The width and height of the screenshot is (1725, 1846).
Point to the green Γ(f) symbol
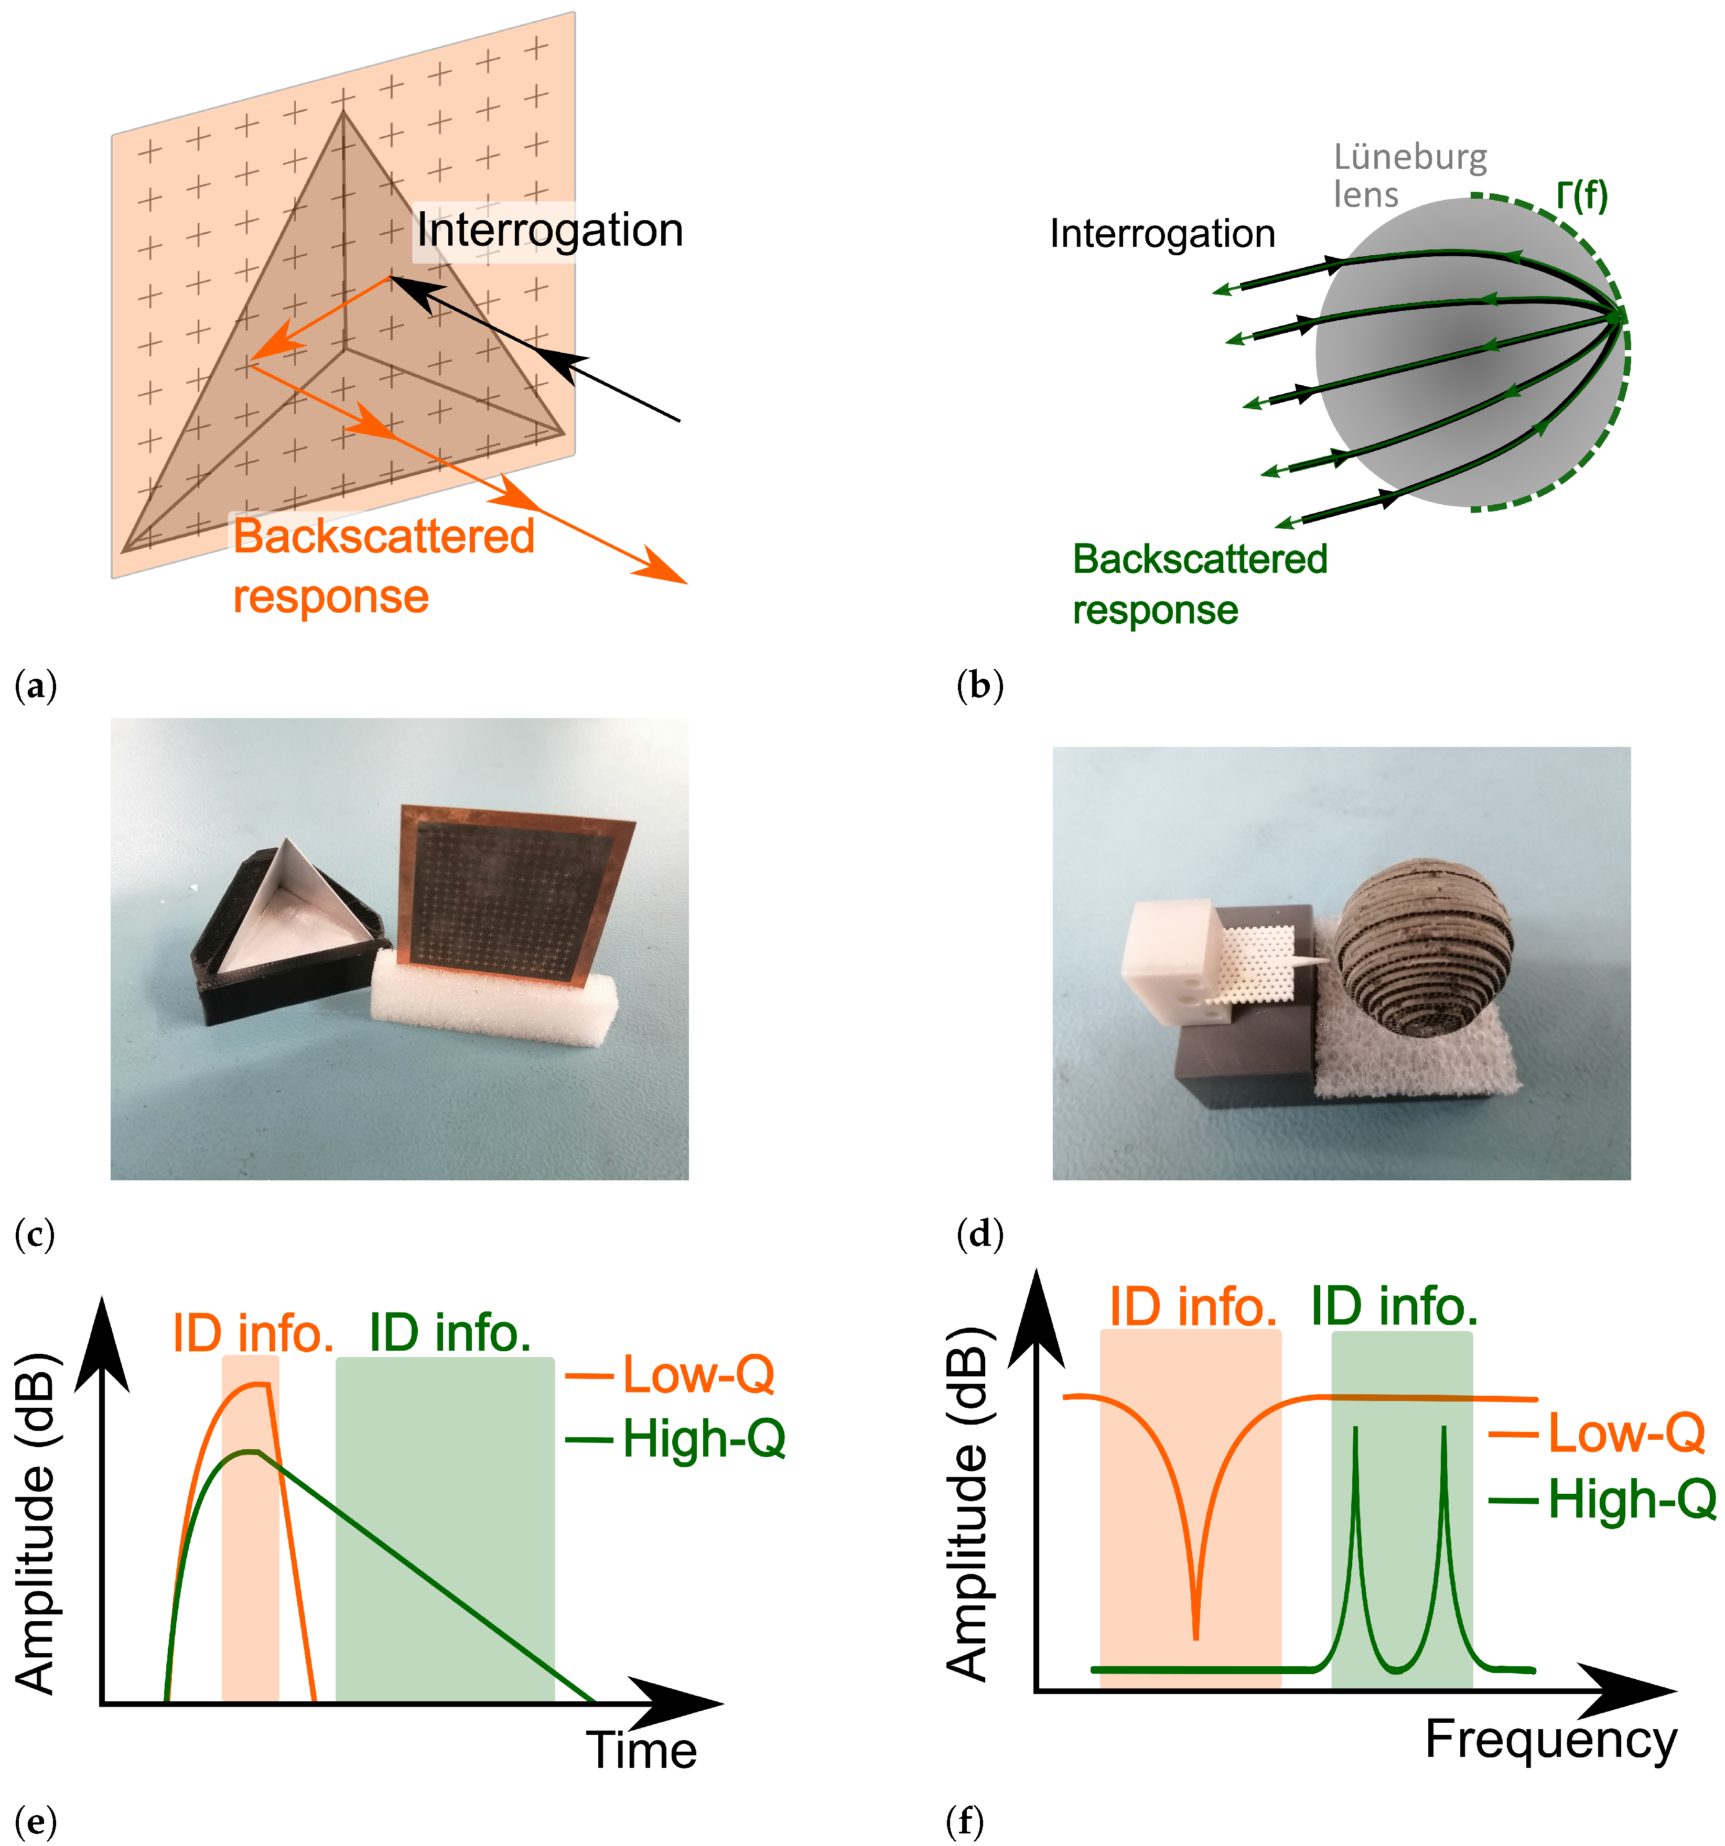pyautogui.click(x=1582, y=196)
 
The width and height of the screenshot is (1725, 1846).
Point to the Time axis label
pyautogui.click(x=641, y=1751)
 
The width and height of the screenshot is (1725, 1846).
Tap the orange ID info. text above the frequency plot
pyautogui.click(x=1193, y=1307)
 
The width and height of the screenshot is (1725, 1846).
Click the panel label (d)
pyautogui.click(x=979, y=1234)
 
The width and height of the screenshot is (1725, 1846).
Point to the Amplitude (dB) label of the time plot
pyautogui.click(x=35, y=1522)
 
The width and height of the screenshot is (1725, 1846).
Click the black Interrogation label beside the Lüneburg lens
pyautogui.click(x=1162, y=234)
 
